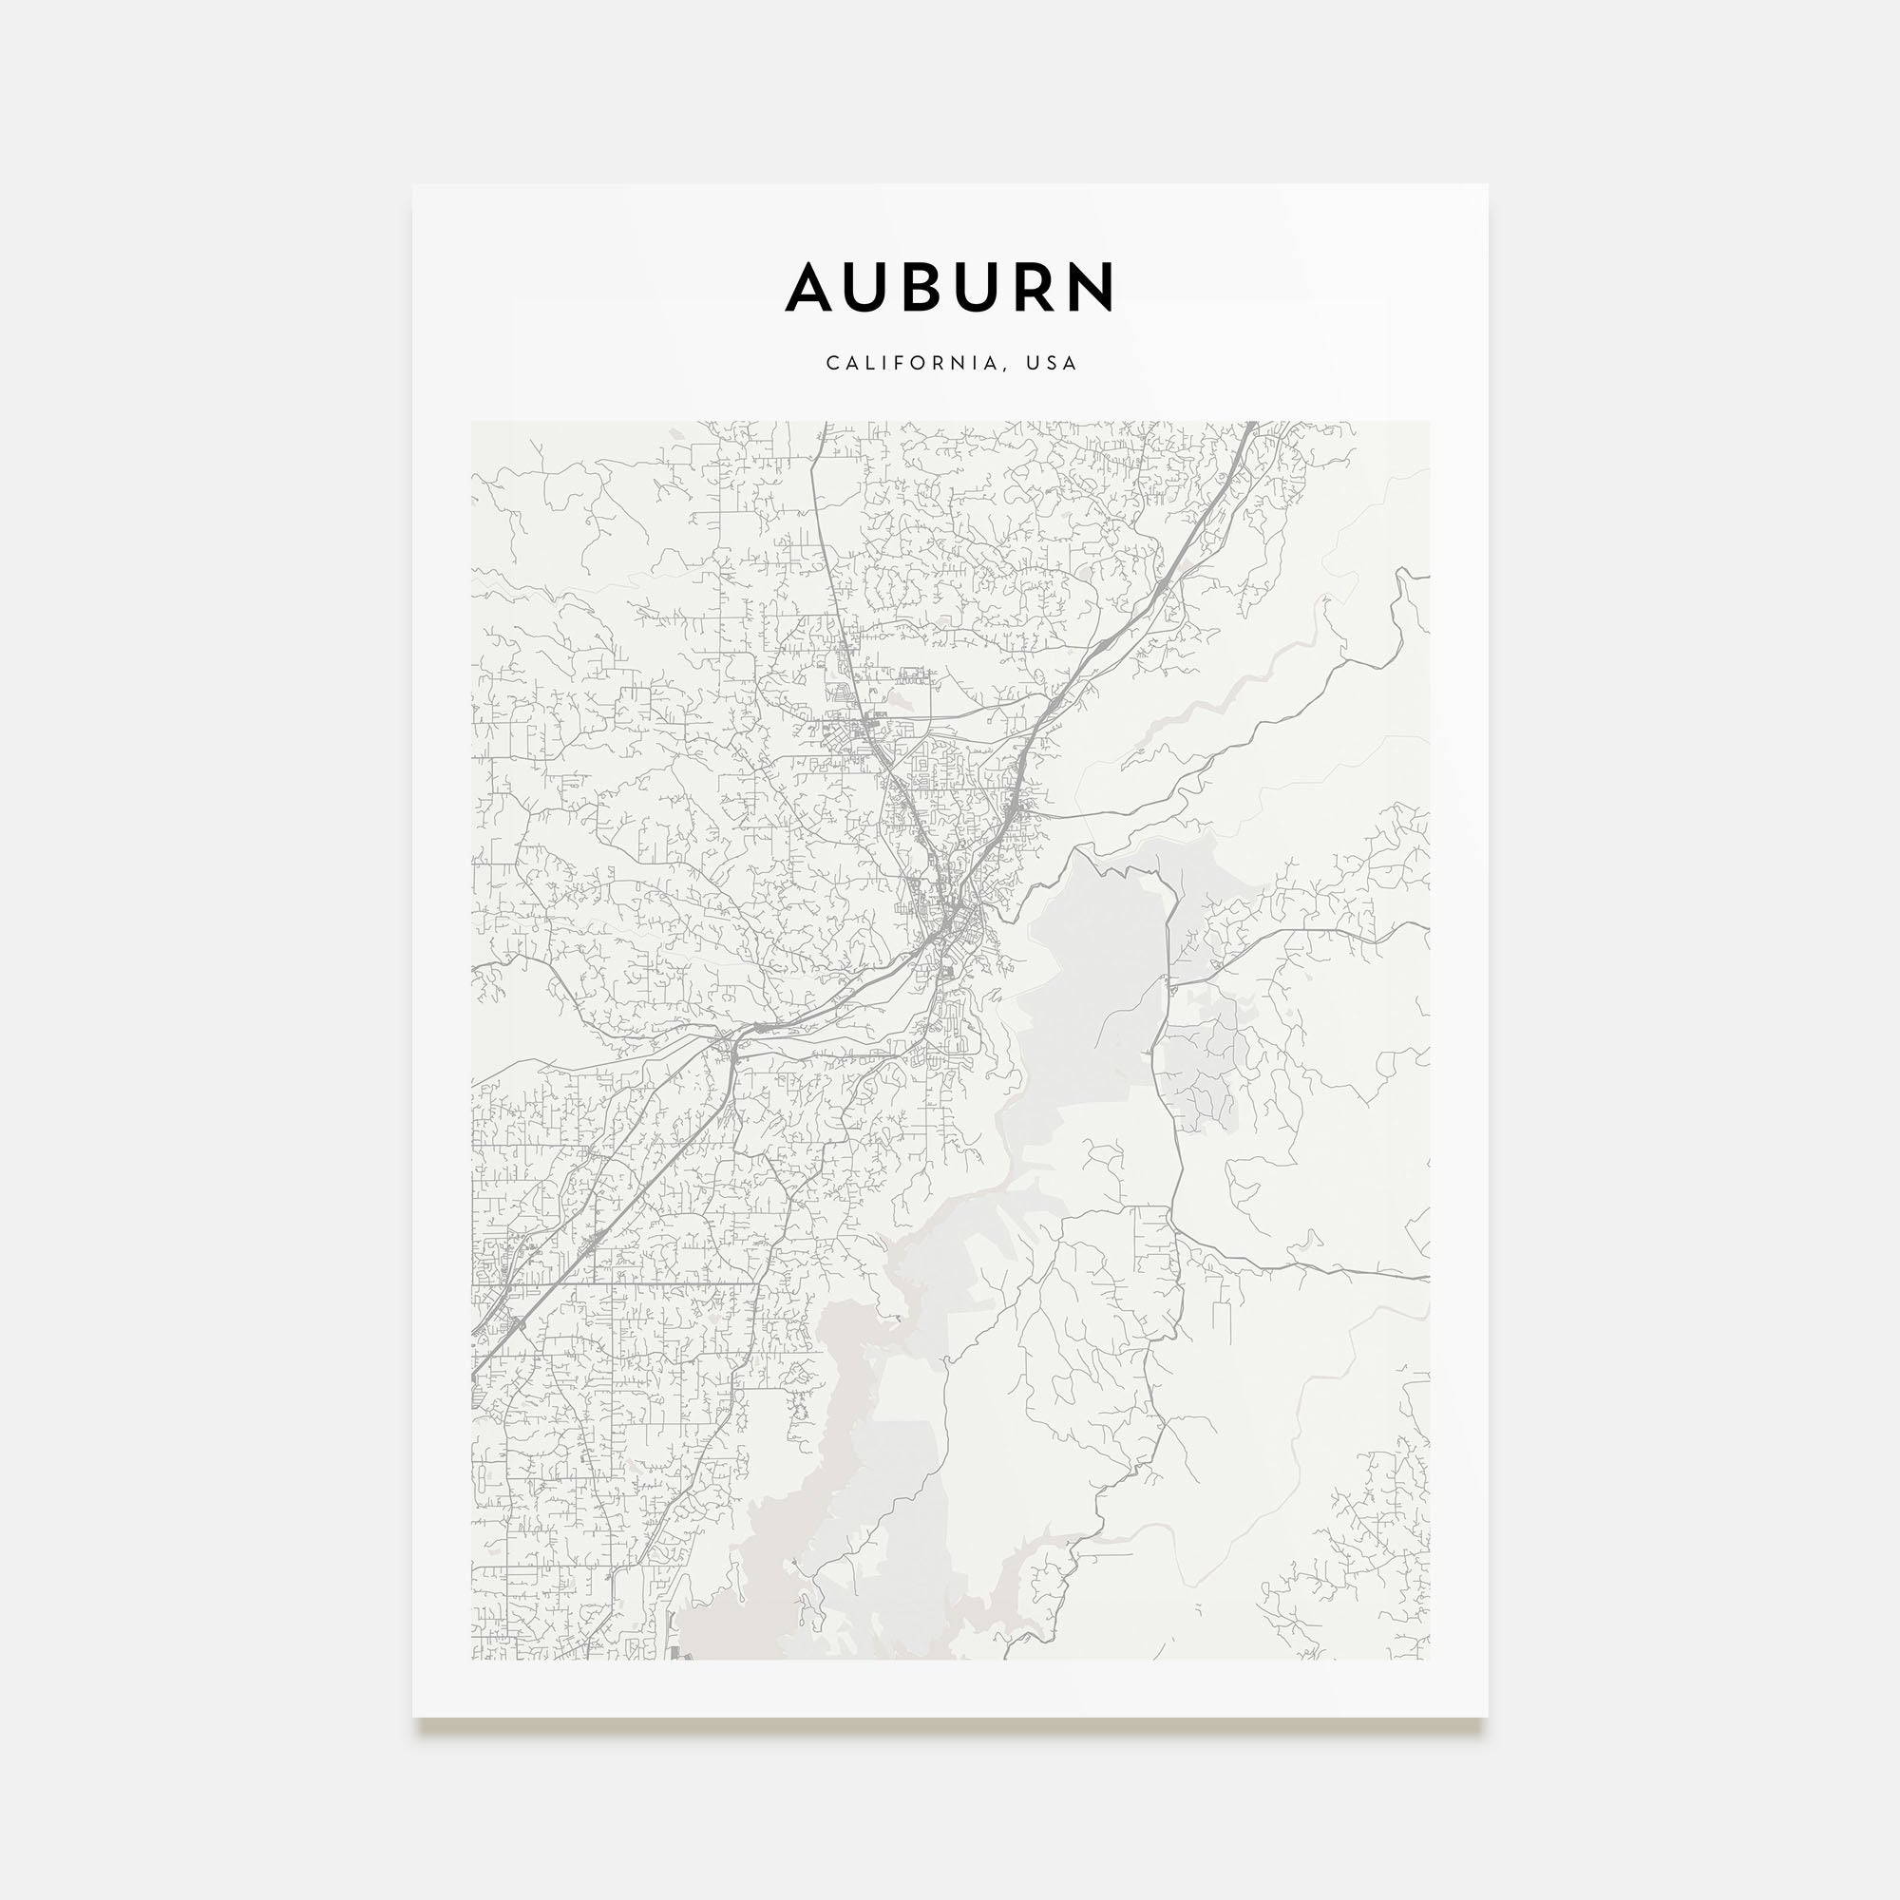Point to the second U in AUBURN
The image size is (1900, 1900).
pyautogui.click(x=995, y=287)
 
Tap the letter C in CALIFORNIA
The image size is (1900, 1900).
pyautogui.click(x=832, y=363)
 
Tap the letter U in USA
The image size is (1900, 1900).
pyautogui.click(x=1032, y=363)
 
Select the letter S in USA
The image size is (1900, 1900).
pyautogui.click(x=1052, y=363)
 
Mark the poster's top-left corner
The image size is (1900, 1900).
pyautogui.click(x=413, y=185)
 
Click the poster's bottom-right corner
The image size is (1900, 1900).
pyautogui.click(x=1487, y=1717)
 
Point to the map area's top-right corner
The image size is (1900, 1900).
pyautogui.click(x=1429, y=423)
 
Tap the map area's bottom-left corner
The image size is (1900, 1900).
pyautogui.click(x=472, y=1659)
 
